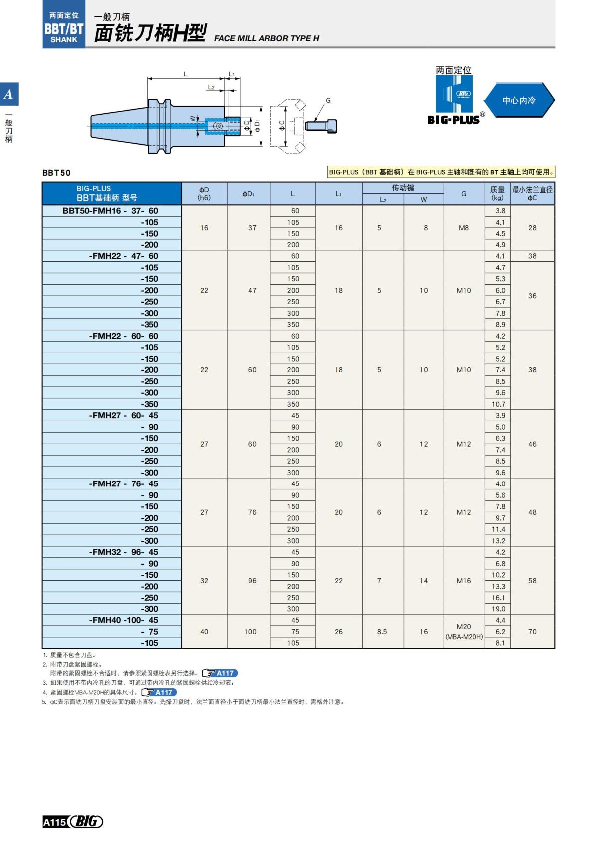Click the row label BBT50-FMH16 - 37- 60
pyautogui.click(x=111, y=211)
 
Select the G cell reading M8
pyautogui.click(x=464, y=228)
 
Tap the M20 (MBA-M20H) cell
pyautogui.click(x=464, y=631)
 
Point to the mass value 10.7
pyautogui.click(x=498, y=404)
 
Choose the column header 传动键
pyautogui.click(x=403, y=188)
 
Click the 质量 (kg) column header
pyautogui.click(x=497, y=193)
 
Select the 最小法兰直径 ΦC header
pyautogui.click(x=532, y=193)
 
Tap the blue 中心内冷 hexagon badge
pyautogui.click(x=519, y=100)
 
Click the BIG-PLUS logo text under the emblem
pyautogui.click(x=453, y=120)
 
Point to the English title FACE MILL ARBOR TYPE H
pyautogui.click(x=267, y=38)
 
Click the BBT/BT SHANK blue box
pyautogui.click(x=64, y=28)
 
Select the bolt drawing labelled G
pyautogui.click(x=322, y=125)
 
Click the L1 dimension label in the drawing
pyautogui.click(x=232, y=74)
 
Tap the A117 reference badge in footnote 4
pyautogui.click(x=159, y=692)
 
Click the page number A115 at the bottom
pyautogui.click(x=54, y=822)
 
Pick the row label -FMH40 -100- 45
pyautogui.click(x=124, y=620)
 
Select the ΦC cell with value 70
pyautogui.click(x=532, y=631)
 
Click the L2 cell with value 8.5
pyautogui.click(x=382, y=631)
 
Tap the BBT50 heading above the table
pyautogui.click(x=56, y=173)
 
